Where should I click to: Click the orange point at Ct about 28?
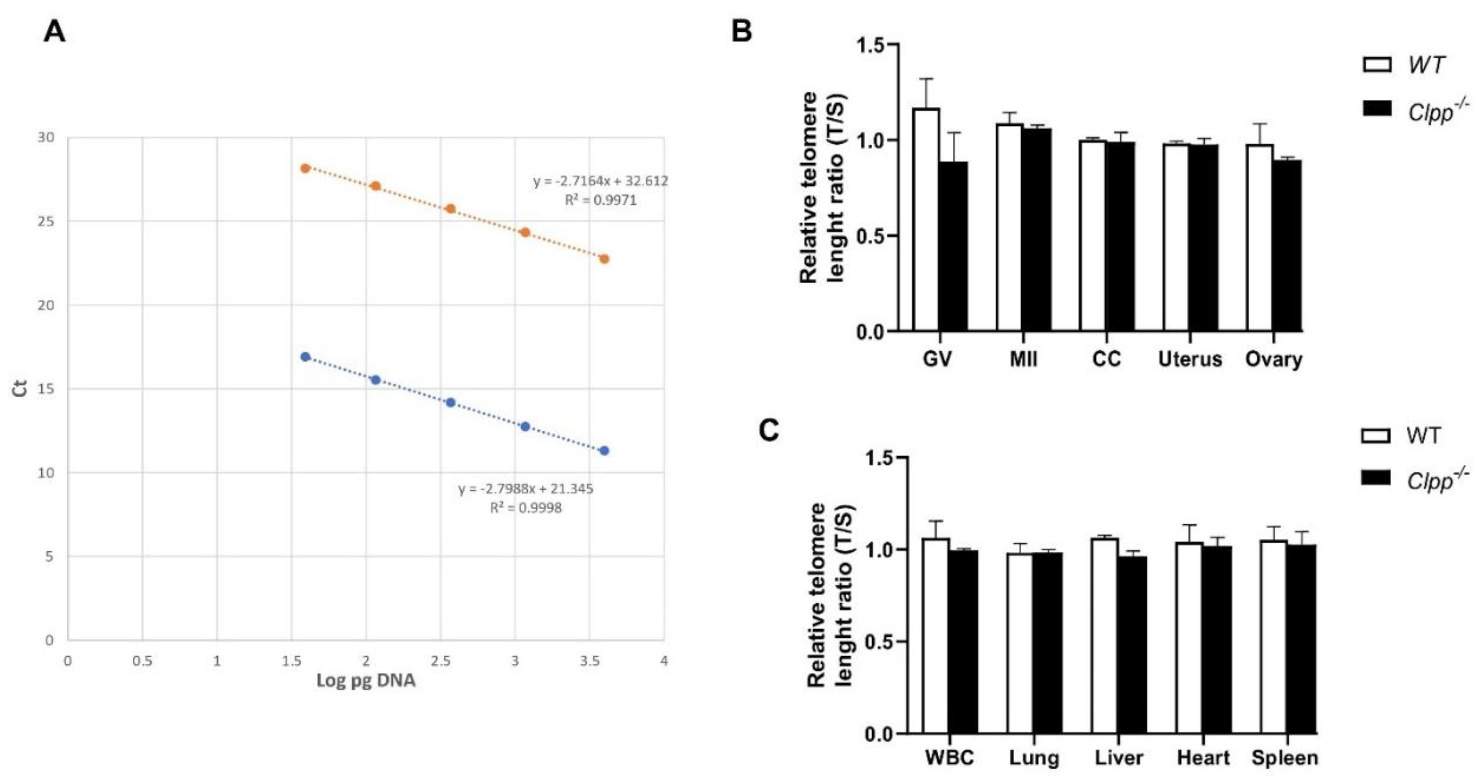point(305,168)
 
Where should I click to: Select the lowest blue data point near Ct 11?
point(604,450)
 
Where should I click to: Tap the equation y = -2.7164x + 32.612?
point(600,181)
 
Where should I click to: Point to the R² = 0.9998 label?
point(526,508)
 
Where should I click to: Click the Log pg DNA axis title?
point(366,681)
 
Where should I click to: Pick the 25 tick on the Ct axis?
point(46,222)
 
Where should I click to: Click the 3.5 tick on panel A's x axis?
point(589,661)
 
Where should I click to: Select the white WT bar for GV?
point(926,219)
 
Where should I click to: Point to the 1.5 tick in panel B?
point(870,45)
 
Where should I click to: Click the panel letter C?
point(769,430)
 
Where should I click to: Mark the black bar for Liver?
point(1132,645)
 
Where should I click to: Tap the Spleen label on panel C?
point(1285,758)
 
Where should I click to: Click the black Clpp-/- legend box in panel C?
point(1376,478)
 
